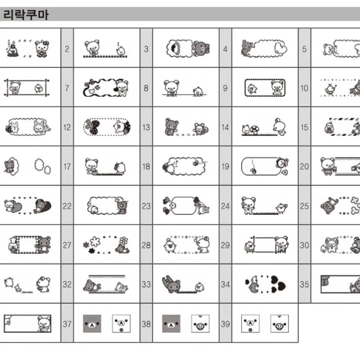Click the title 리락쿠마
25,14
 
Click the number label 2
67,49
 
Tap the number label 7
67,88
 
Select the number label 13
146,127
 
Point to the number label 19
225,167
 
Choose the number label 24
225,206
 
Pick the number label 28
146,245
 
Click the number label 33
146,284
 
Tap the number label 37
67,324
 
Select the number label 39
225,324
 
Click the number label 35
304,284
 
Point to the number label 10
304,88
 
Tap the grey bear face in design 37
91,323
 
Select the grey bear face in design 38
171,323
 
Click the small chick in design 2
120,50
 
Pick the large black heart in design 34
280,286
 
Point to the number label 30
304,245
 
